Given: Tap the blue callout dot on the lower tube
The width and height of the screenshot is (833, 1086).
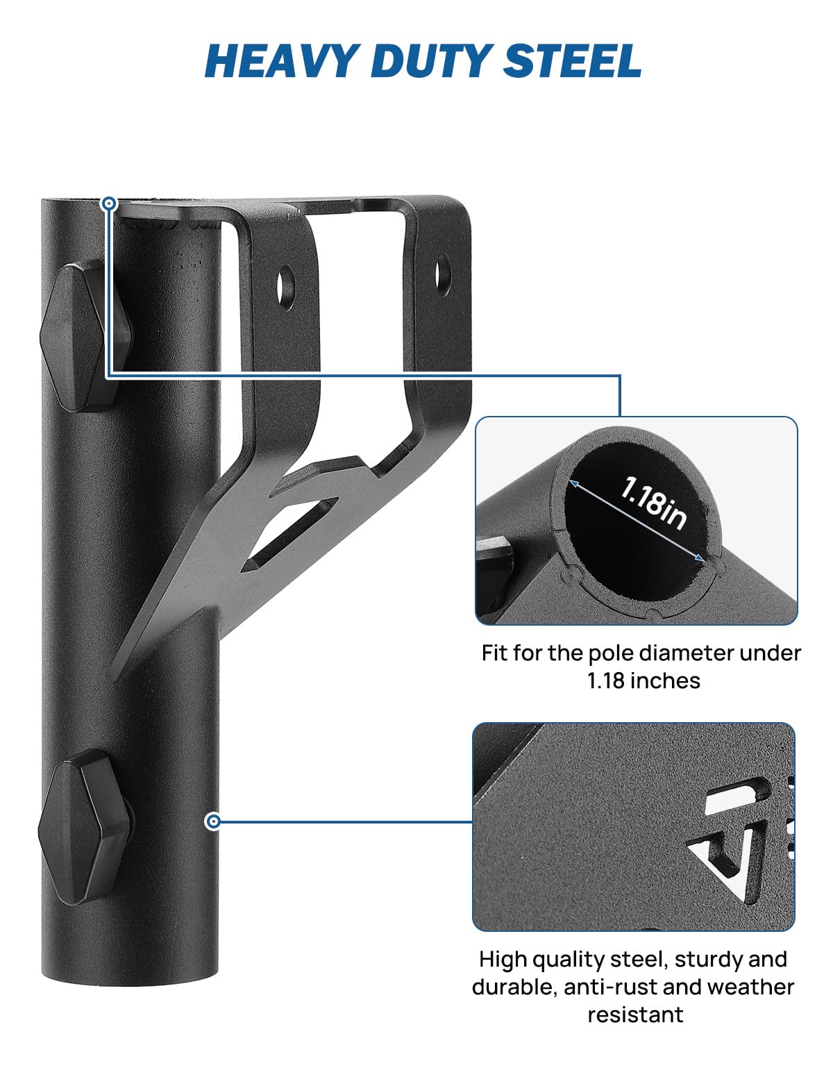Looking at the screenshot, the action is tap(213, 821).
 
